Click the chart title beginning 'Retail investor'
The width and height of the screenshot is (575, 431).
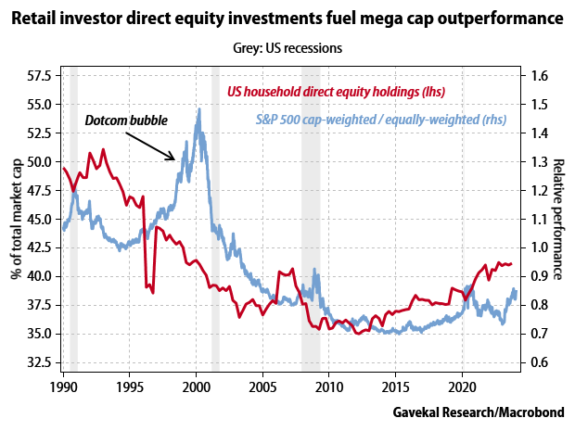pos(287,18)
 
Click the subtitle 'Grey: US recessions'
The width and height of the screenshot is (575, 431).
pos(287,48)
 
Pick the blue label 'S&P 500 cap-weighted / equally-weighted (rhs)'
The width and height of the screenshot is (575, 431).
pos(382,120)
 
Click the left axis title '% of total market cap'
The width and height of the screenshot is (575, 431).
pos(16,219)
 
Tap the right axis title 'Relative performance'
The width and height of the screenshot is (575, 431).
pos(560,219)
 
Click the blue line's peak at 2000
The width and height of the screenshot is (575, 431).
pos(198,109)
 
